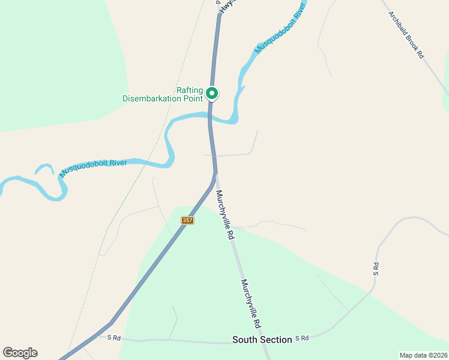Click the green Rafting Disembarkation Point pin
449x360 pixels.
tap(211, 93)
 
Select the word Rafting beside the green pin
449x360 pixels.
tap(190, 91)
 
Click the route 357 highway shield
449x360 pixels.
tap(187, 221)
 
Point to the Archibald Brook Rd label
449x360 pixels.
tap(406, 35)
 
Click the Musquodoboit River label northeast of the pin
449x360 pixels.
tap(277, 28)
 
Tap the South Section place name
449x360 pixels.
tap(262, 340)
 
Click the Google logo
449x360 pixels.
tap(20, 353)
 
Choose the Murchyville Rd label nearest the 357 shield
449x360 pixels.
tap(224, 215)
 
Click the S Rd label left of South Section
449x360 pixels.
tap(114, 338)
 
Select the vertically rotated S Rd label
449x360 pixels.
tap(376, 269)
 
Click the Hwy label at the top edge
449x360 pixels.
tap(226, 7)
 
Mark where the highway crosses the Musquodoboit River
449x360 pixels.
tap(210, 116)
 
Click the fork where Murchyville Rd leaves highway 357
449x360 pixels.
tap(215, 175)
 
